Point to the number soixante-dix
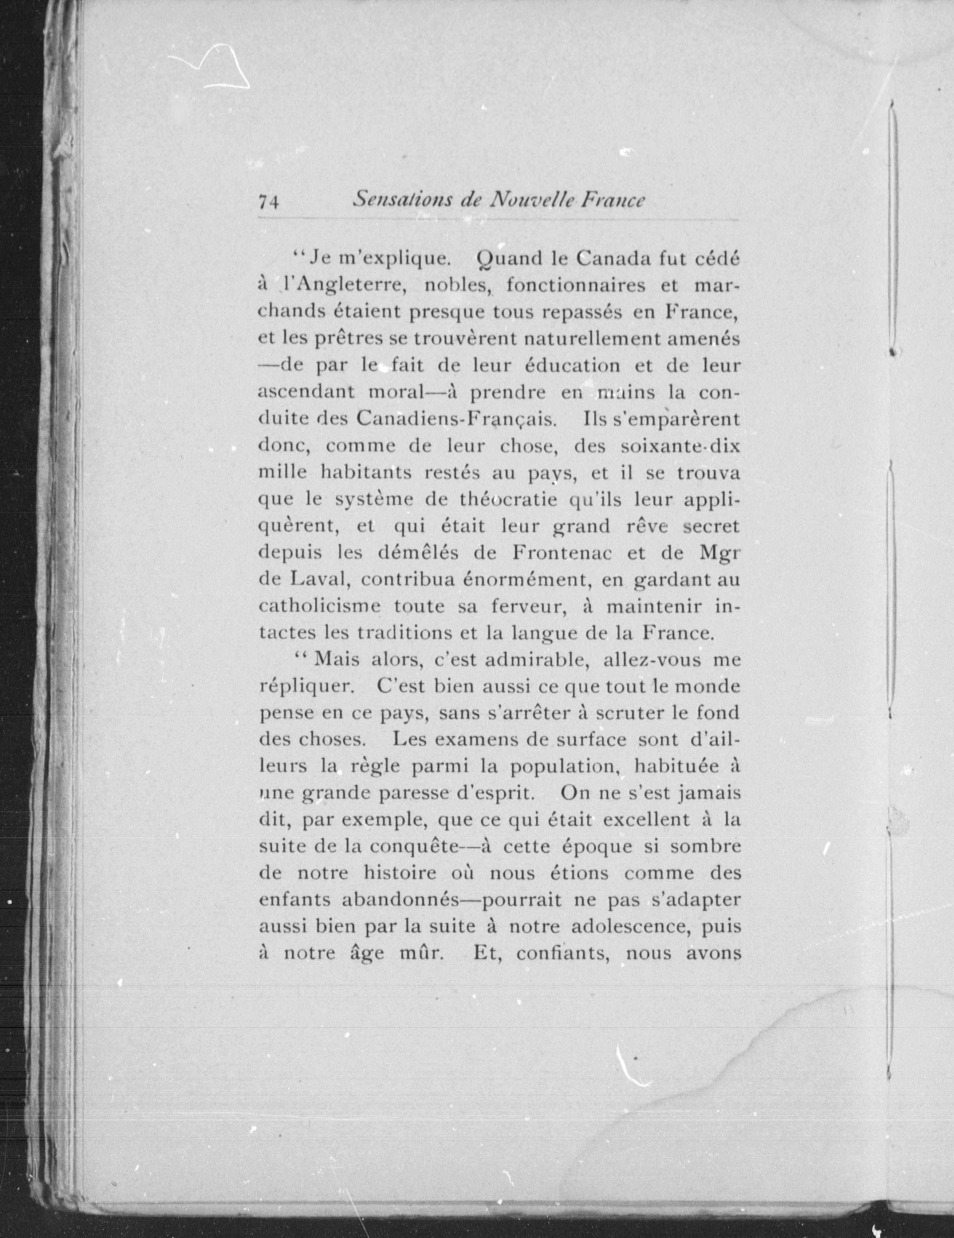[680, 446]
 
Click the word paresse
[427, 793]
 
